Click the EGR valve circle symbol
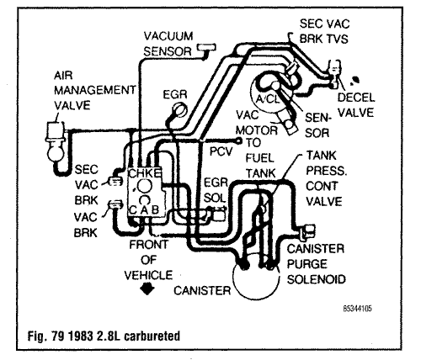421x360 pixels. (179, 109)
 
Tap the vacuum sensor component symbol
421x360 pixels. (207, 48)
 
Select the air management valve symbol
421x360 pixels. (55, 144)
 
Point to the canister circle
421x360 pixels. (256, 279)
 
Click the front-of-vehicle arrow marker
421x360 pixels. (147, 289)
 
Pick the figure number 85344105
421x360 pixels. (357, 309)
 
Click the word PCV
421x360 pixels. (221, 151)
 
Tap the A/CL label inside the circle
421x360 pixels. (268, 99)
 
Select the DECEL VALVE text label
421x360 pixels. (356, 105)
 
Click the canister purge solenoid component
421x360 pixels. (306, 230)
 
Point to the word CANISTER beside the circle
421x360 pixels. (202, 290)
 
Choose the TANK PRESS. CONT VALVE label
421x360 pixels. (327, 178)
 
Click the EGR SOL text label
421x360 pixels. (216, 190)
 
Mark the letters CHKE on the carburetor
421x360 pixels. (145, 173)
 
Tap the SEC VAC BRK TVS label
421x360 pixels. (324, 31)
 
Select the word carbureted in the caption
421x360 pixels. (152, 336)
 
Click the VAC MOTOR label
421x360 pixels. (257, 123)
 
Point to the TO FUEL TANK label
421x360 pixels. (260, 158)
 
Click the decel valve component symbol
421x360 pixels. (334, 73)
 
